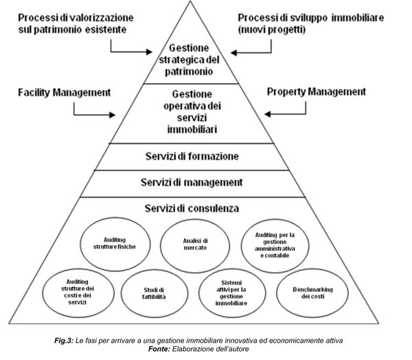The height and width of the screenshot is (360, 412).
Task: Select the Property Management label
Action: (x=316, y=91)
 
